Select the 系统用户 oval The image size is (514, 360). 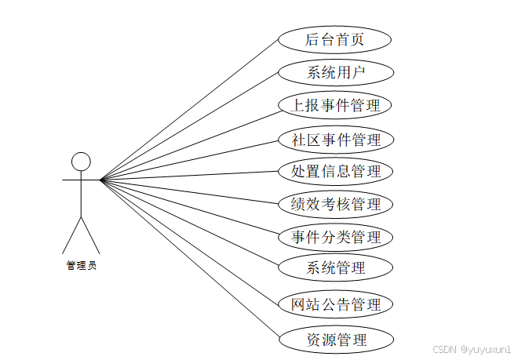335,73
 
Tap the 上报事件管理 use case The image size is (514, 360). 335,106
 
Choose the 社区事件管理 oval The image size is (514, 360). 335,140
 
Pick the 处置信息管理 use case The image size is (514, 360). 335,171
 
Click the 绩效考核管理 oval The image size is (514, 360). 335,204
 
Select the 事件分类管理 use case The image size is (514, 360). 335,237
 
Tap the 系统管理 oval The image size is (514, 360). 335,268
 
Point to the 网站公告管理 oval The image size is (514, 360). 335,304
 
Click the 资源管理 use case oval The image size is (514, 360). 335,340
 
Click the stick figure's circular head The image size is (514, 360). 81,162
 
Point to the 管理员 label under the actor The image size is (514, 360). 81,266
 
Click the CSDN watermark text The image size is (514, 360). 444,346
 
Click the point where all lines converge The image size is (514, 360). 101,180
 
